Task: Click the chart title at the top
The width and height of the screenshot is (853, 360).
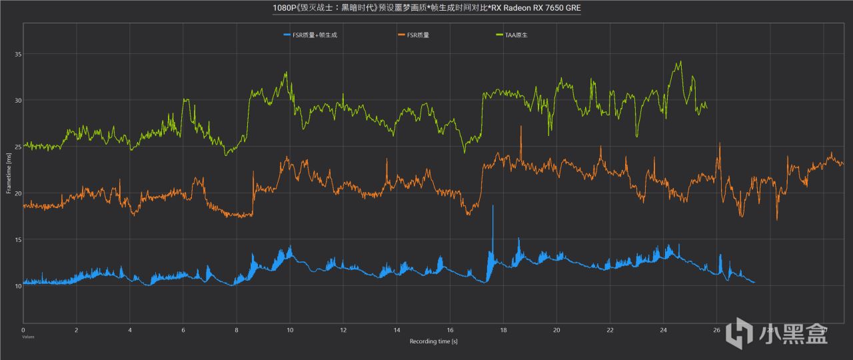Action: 426,9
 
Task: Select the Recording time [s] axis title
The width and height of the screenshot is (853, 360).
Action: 433,341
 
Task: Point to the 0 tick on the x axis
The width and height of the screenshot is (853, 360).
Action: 23,329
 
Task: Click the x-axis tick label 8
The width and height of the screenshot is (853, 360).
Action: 237,329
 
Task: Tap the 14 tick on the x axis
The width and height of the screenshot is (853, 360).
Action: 397,329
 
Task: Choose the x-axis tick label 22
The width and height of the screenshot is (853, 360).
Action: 610,329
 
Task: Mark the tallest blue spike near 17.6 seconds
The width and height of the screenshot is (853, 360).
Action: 492,206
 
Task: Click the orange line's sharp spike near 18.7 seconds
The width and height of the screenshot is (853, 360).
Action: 521,127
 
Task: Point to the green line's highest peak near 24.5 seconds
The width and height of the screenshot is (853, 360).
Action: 680,62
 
